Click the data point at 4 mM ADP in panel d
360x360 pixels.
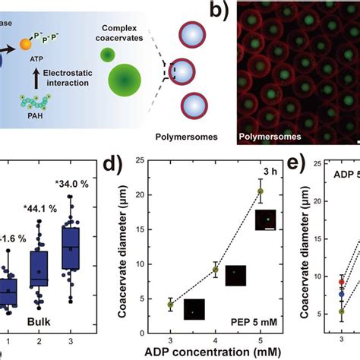click(215, 270)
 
